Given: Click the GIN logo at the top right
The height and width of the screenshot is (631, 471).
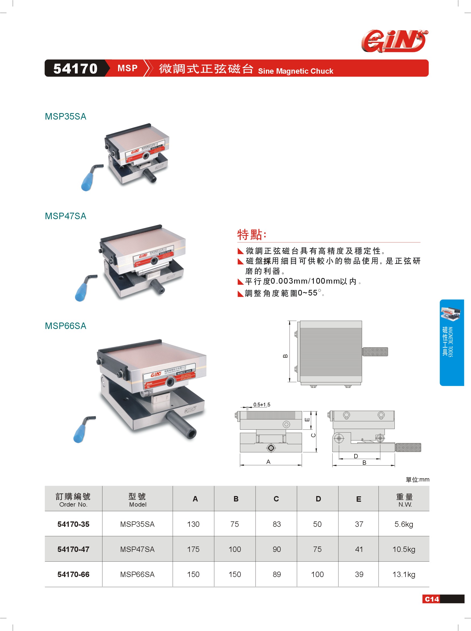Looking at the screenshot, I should point(394,41).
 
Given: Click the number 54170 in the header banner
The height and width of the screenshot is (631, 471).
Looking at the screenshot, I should point(75,69).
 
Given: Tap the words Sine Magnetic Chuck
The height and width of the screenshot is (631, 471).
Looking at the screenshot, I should point(295,71).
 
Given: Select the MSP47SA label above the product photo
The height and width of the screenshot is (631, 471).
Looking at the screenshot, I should point(66,216).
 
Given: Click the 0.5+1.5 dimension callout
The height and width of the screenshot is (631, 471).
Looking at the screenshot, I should point(262,405).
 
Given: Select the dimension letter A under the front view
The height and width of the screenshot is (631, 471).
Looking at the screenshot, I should point(268,462).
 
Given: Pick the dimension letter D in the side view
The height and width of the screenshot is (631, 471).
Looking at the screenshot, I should point(356,456).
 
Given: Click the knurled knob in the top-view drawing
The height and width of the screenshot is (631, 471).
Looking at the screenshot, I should point(375,352).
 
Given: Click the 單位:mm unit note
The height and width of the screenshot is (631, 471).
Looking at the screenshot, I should point(417,480).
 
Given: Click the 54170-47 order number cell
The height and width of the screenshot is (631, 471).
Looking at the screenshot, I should point(73,549).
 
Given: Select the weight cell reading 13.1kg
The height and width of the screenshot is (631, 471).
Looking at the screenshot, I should point(404,574).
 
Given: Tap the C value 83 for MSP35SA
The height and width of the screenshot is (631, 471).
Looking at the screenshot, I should point(276,524).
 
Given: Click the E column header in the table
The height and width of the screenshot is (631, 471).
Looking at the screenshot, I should point(359,499).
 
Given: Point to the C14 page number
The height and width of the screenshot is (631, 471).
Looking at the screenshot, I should point(432,599).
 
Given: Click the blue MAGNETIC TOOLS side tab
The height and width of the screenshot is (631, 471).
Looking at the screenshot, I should point(451,342).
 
